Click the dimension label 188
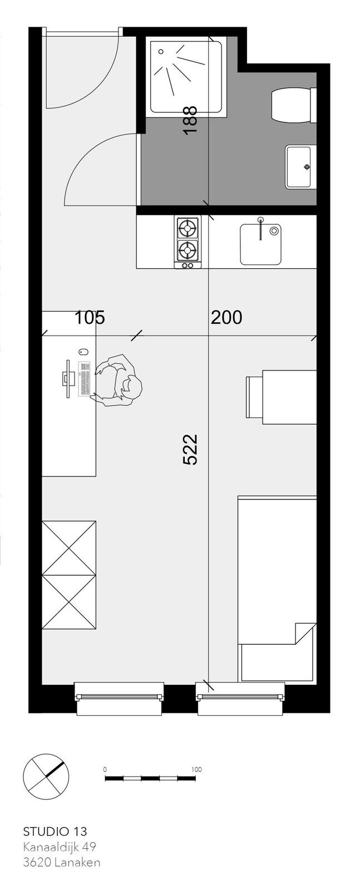[x=191, y=120]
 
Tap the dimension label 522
[x=190, y=449]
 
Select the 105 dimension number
[x=90, y=318]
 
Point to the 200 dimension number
[x=226, y=318]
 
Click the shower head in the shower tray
[x=161, y=52]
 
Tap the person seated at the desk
[x=117, y=380]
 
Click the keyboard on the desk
[x=83, y=379]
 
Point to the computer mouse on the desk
[x=83, y=352]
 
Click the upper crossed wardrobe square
[x=69, y=548]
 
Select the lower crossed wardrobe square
[x=69, y=602]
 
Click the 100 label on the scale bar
[x=196, y=769]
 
